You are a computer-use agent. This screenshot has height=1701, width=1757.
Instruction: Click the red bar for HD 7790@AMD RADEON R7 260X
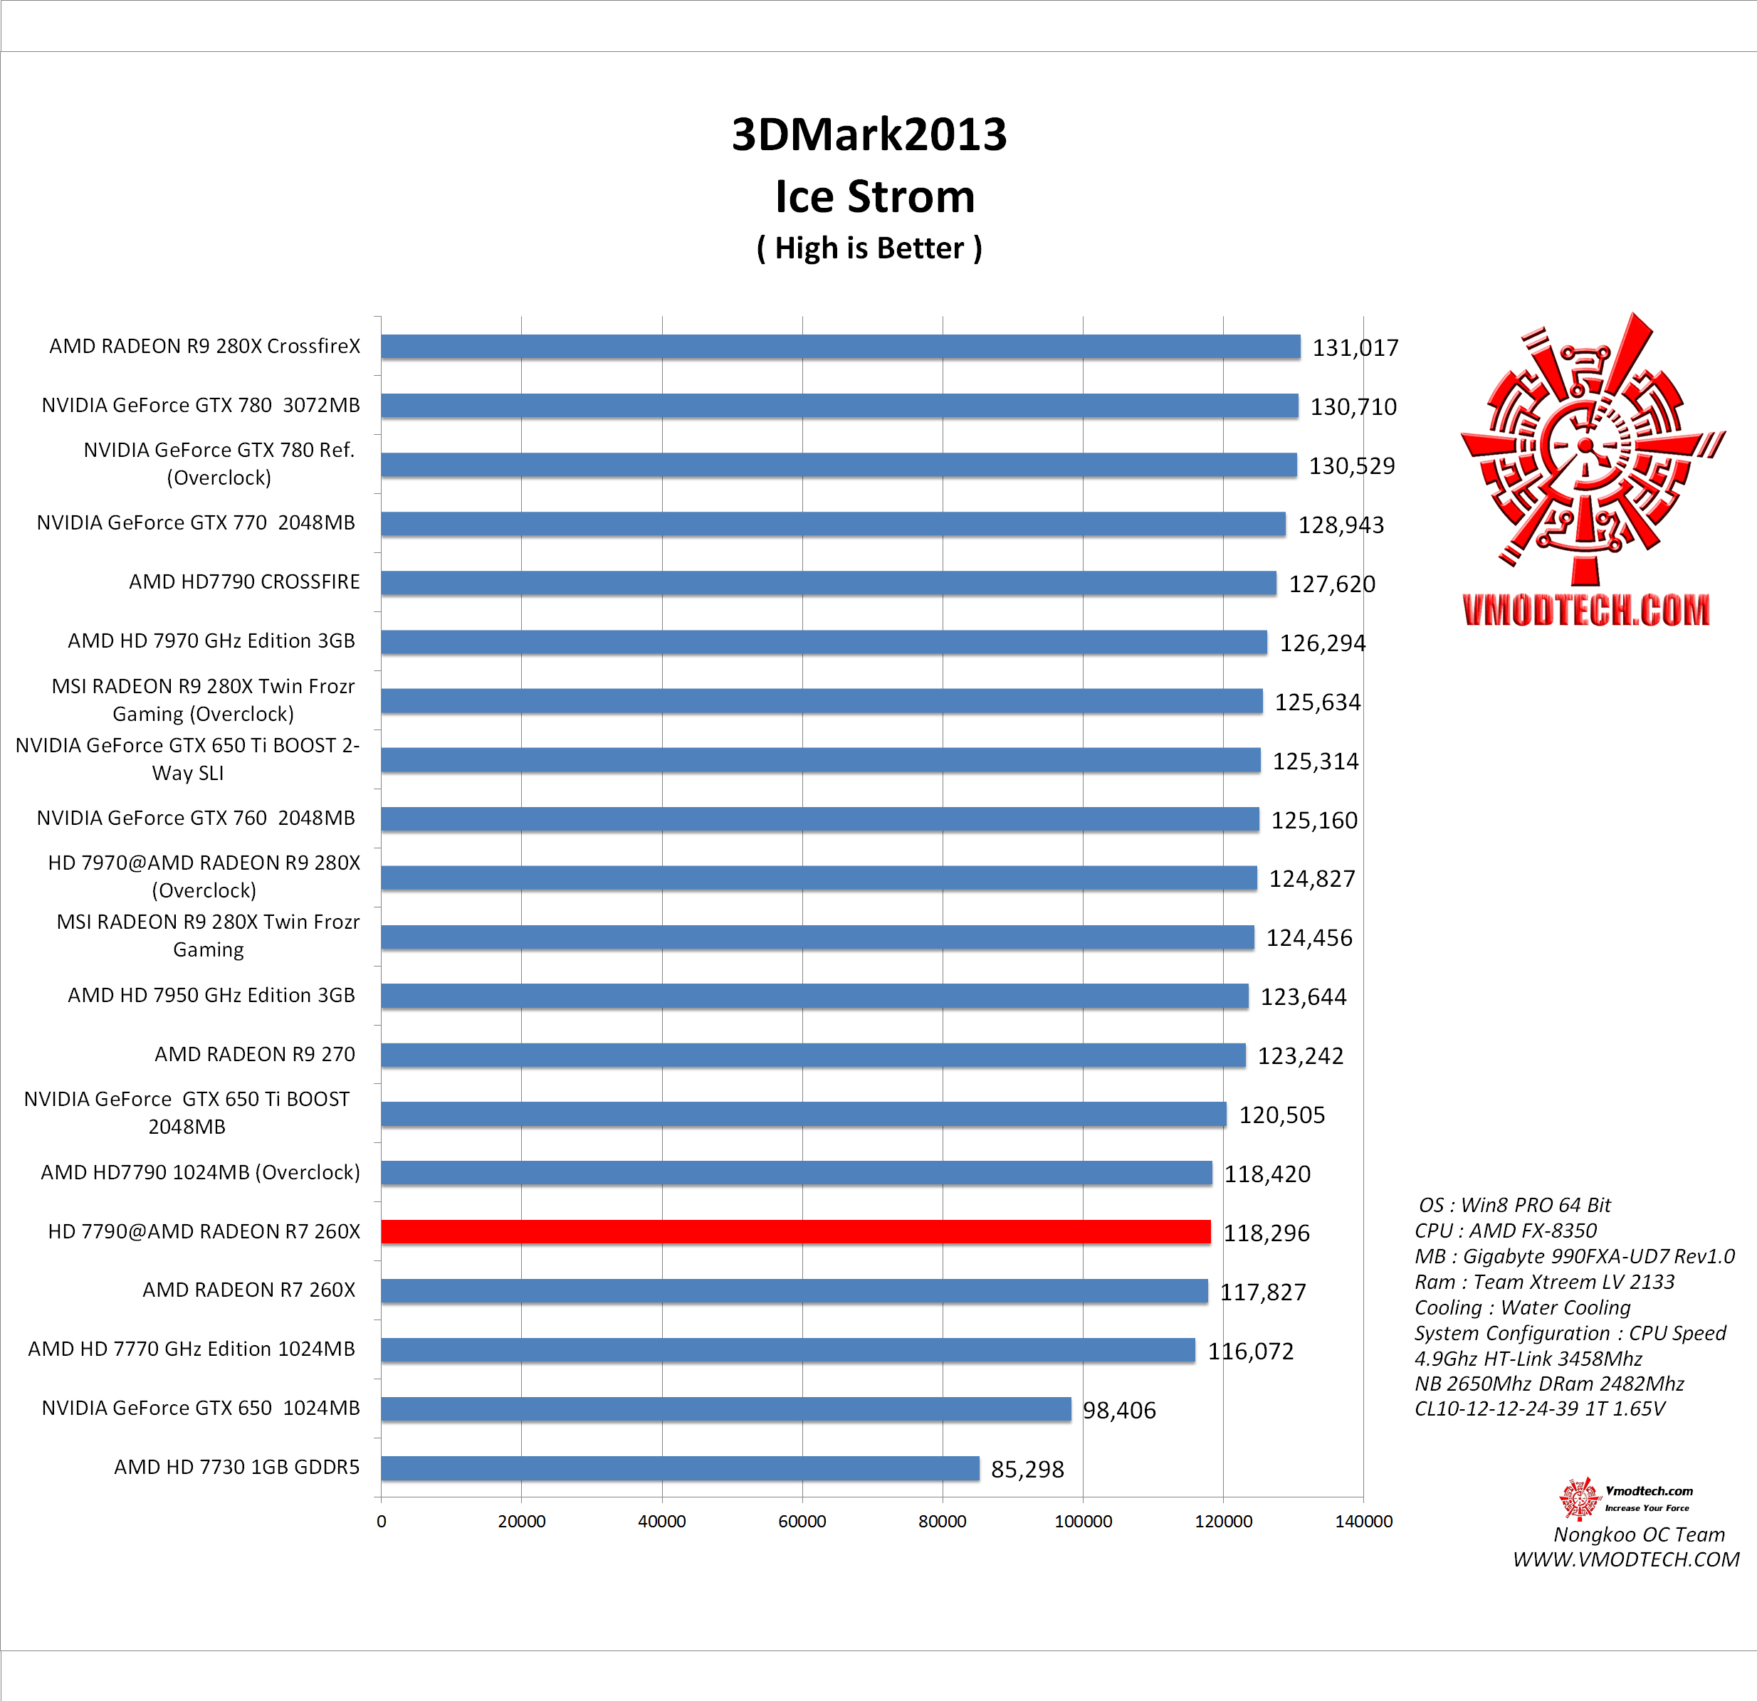pos(795,1231)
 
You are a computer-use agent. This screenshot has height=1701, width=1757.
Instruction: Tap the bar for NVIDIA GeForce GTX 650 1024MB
pos(725,1408)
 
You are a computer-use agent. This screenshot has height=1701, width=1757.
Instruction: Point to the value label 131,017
pos(1355,348)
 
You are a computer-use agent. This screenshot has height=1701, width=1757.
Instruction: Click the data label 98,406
pos(1118,1411)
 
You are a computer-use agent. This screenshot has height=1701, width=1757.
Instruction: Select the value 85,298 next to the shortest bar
pos(1027,1470)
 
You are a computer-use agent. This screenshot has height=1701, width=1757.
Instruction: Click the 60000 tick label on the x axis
pos(802,1521)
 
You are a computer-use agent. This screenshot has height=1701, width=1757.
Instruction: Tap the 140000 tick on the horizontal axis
pos(1363,1521)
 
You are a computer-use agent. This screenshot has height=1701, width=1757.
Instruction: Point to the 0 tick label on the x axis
pos(381,1521)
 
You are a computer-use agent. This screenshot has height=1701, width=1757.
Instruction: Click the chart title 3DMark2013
pos(869,135)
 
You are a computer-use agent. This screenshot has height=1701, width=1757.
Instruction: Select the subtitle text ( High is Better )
pos(869,248)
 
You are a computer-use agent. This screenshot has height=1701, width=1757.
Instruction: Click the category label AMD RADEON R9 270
pos(255,1054)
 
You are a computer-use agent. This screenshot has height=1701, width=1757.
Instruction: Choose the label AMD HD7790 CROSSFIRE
pos(243,581)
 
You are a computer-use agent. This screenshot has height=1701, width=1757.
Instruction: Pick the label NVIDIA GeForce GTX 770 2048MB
pos(196,522)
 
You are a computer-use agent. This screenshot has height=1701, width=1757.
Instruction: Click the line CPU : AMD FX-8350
pos(1505,1231)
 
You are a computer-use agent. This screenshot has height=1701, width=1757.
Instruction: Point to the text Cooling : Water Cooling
pos(1522,1307)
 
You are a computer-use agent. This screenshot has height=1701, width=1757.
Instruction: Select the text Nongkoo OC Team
pos(1639,1534)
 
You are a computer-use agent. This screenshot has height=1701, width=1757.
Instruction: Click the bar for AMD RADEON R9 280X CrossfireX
pos(840,347)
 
